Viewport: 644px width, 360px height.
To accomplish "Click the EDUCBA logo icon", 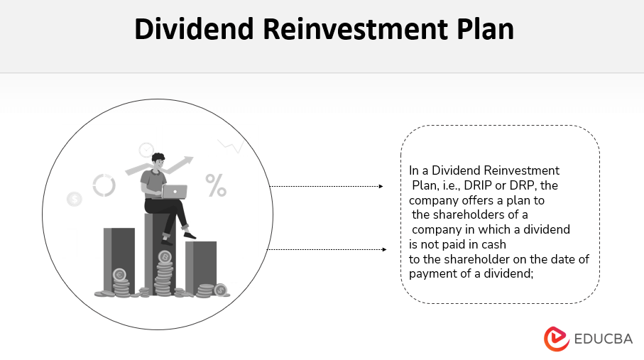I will click(557, 338).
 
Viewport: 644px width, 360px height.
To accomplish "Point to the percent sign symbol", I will click(216, 185).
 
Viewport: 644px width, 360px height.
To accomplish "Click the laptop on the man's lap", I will click(174, 191).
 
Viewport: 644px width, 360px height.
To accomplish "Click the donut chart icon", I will click(104, 185).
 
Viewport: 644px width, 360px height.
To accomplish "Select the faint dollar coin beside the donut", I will click(75, 200).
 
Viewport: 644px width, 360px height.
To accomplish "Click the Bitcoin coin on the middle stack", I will click(165, 256).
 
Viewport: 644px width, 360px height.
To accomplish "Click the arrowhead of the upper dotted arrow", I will click(381, 187).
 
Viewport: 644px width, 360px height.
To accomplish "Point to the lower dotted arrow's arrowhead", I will click(384, 249).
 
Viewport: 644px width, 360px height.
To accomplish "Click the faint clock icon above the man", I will click(146, 150).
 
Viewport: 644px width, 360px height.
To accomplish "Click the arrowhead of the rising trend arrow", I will click(190, 160).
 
